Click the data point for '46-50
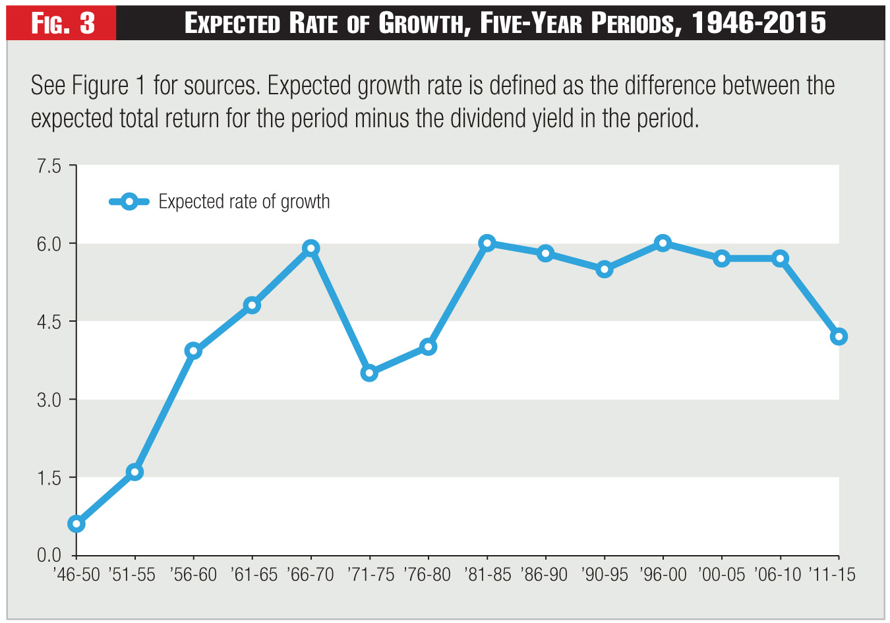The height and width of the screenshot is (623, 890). pos(76,524)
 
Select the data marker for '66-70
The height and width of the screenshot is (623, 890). pos(311,249)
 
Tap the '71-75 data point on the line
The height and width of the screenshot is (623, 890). pos(369,373)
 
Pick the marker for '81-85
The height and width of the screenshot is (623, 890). pos(487,243)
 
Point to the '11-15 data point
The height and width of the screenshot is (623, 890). pos(839,337)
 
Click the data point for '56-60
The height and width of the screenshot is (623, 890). pos(193,351)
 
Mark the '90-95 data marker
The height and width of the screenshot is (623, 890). pos(605,269)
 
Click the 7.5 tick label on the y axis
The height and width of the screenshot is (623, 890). pos(48,166)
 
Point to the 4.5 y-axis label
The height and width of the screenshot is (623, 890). pos(48,322)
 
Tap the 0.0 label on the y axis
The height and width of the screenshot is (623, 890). pos(48,556)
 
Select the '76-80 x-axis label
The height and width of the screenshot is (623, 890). pos(427,575)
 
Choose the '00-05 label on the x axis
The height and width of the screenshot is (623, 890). pos(721,575)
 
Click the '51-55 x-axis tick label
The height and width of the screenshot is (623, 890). pos(134,575)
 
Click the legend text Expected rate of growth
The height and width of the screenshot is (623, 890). pos(244,202)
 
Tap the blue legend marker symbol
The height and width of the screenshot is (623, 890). pos(129,202)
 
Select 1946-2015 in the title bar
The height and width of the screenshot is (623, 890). pos(759,24)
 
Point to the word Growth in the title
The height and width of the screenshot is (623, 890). pos(422,24)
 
